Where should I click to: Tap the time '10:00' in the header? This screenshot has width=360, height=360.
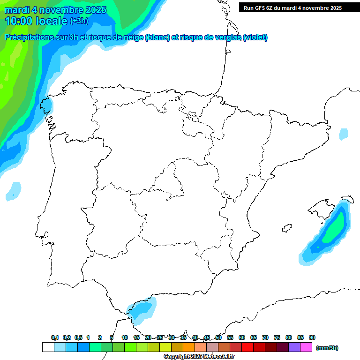(19, 21)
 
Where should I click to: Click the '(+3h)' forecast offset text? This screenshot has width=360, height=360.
(79, 21)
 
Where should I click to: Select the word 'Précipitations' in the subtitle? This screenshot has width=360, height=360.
(28, 37)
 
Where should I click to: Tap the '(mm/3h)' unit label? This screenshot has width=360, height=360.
(327, 348)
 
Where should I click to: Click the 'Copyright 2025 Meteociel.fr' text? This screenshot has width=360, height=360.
(199, 357)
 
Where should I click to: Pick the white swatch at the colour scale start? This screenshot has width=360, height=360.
(48, 347)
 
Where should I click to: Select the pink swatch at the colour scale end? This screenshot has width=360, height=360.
(306, 347)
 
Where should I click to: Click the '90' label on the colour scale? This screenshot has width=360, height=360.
(312, 337)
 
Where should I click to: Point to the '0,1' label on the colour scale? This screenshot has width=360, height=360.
(55, 337)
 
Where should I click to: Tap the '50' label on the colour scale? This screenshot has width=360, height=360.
(218, 337)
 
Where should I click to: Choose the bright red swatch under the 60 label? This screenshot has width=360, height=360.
(247, 347)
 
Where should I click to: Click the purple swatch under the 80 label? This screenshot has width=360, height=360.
(294, 347)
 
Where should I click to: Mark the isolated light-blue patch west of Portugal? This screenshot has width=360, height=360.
(14, 190)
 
